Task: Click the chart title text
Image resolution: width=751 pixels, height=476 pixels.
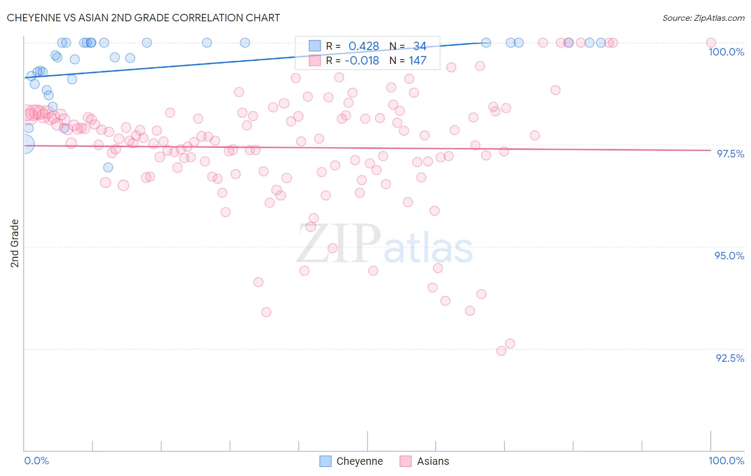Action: coord(143,18)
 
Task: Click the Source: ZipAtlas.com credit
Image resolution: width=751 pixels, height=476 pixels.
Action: coord(703,18)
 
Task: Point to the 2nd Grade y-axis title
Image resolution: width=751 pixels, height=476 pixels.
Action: coord(15,243)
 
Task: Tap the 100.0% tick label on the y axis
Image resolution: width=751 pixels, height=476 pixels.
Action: coord(726,52)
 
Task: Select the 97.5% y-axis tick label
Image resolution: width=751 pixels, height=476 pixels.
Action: coord(730,154)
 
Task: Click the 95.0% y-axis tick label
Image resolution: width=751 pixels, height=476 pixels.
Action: coord(729,256)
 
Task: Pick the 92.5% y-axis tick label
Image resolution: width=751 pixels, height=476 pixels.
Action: coord(730,358)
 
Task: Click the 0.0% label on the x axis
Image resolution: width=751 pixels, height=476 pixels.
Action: coord(36,461)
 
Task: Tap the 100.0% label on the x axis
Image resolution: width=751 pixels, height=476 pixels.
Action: coord(726,461)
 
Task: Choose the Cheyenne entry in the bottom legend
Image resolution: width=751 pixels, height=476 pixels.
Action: coord(359,461)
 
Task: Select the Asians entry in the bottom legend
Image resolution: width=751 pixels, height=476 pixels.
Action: coord(433,461)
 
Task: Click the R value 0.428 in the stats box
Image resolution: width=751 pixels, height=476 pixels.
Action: coord(364,46)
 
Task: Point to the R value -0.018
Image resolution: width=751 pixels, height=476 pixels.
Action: coord(362,61)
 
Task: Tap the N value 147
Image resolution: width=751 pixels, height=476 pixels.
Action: coord(418,61)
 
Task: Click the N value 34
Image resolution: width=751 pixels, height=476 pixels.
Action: coord(420,46)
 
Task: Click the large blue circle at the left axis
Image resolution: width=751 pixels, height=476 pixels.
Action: coord(25,144)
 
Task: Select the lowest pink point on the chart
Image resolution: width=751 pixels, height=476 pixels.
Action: coord(501,351)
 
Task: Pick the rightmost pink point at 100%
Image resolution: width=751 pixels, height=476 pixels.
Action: coord(710,43)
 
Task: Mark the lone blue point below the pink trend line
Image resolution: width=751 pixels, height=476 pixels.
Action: coord(108,168)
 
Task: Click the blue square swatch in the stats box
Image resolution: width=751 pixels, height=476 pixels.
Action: coord(315,46)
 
